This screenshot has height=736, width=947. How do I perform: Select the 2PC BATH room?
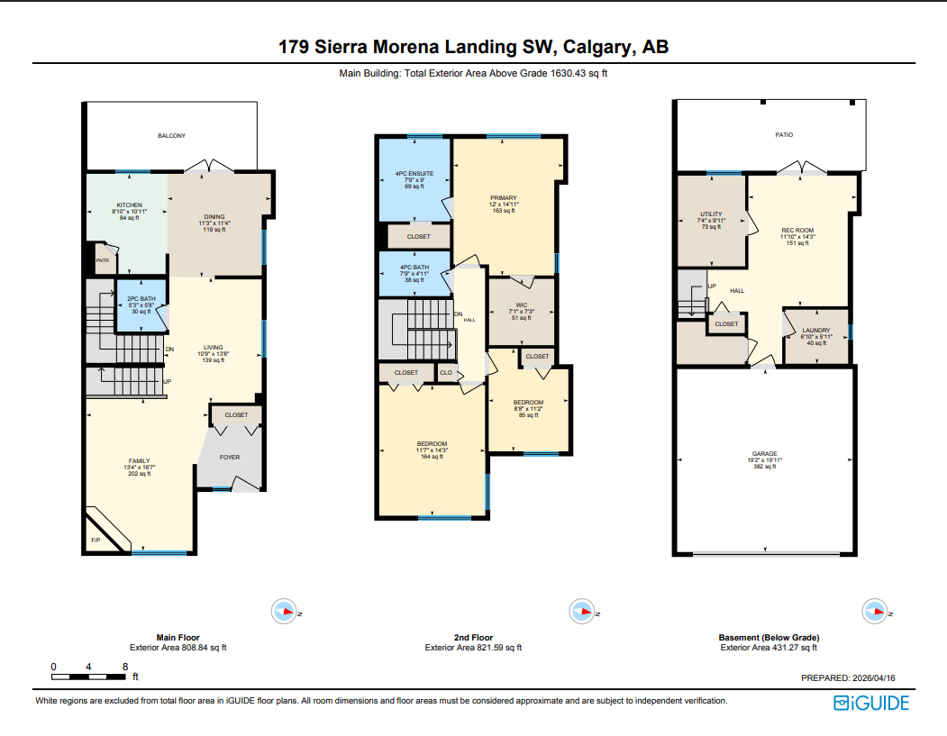tap(141, 304)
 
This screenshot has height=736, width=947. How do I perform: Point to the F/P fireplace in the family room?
tap(96, 540)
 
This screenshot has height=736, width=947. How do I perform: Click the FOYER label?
tap(231, 457)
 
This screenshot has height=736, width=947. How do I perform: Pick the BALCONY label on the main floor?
tap(171, 135)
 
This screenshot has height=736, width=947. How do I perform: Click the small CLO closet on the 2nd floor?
tap(446, 372)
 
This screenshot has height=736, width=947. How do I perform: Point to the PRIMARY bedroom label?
tap(503, 198)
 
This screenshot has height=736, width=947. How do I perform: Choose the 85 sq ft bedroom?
tap(528, 407)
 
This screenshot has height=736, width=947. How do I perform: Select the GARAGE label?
tap(765, 453)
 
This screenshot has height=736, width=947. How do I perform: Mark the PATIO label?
tap(784, 134)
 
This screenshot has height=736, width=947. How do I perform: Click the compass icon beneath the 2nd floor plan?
tap(581, 612)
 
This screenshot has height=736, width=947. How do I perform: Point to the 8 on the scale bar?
tap(124, 667)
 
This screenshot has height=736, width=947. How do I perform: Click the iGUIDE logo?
tap(871, 704)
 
